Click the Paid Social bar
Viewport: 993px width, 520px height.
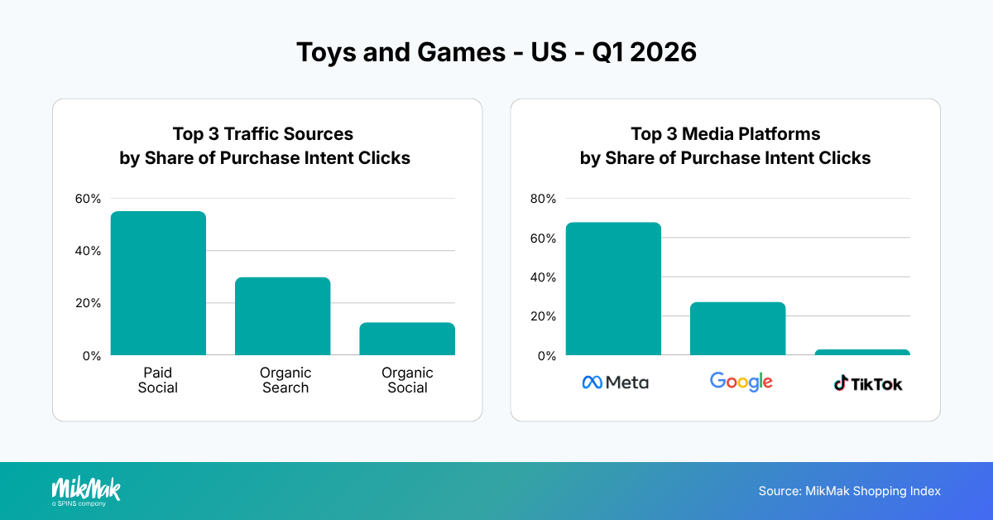pyautogui.click(x=158, y=283)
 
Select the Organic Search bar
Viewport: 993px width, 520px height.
pyautogui.click(x=282, y=316)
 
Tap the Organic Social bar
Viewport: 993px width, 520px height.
pyautogui.click(x=406, y=339)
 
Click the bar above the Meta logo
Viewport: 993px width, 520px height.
pyautogui.click(x=613, y=289)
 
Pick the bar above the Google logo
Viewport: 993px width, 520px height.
pyautogui.click(x=737, y=329)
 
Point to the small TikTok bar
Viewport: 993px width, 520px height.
pyautogui.click(x=861, y=353)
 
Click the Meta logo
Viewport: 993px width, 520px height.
pyautogui.click(x=615, y=382)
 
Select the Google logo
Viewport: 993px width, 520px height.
pyautogui.click(x=741, y=382)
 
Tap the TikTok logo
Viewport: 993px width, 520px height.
pyautogui.click(x=867, y=383)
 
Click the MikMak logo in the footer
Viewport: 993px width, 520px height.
pyautogui.click(x=86, y=490)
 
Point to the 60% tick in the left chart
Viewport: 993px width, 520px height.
pyautogui.click(x=88, y=199)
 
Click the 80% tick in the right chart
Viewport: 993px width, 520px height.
pyautogui.click(x=544, y=199)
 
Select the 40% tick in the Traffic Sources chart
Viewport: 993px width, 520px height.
pyautogui.click(x=88, y=251)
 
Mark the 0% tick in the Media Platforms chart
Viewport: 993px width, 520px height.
pyautogui.click(x=547, y=356)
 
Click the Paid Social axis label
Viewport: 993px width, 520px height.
pyautogui.click(x=158, y=380)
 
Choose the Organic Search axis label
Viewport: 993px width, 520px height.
pyautogui.click(x=285, y=380)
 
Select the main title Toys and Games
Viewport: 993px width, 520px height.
pyautogui.click(x=496, y=52)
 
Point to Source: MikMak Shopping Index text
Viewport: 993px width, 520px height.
pyautogui.click(x=849, y=491)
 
